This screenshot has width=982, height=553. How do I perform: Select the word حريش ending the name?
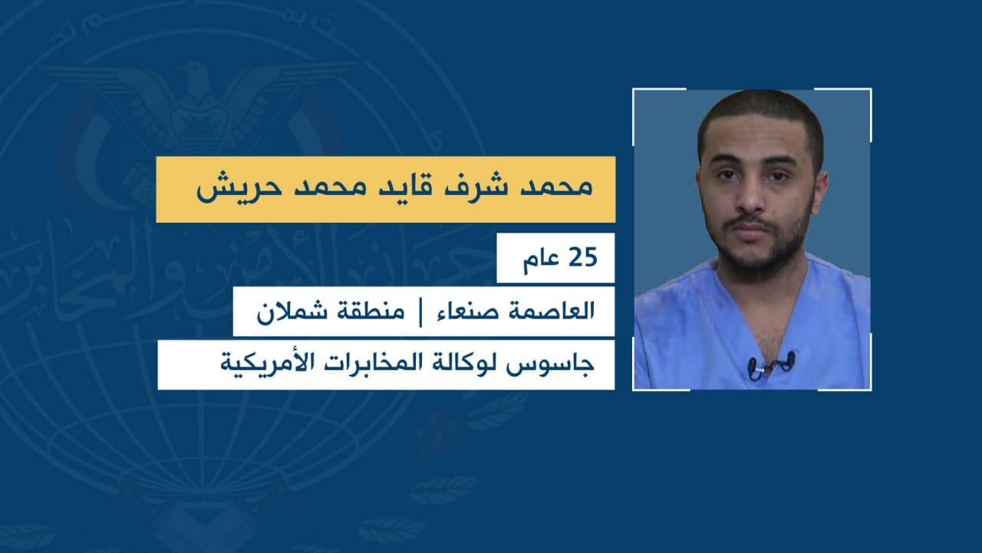point(225,188)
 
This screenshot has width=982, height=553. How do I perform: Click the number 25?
point(583,257)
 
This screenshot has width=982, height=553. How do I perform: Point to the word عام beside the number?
point(542,260)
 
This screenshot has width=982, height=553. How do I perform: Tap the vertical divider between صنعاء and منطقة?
point(421,312)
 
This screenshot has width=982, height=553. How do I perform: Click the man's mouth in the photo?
point(750,229)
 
